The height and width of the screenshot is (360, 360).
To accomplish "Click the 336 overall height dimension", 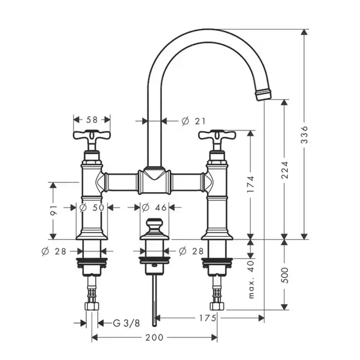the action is coord(304,135).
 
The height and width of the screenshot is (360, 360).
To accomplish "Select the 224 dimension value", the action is coord(285,170).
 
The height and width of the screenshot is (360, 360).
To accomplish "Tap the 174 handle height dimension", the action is coord(251,184).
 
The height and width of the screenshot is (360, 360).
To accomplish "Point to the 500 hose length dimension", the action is coord(285,275).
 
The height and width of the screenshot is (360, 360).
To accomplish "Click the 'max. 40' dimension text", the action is coord(251,279).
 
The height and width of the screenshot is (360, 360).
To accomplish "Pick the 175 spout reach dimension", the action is coord(208,318).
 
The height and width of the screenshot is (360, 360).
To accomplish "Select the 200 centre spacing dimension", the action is coord(154,337).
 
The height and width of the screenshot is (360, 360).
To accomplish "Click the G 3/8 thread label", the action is coord(127,323).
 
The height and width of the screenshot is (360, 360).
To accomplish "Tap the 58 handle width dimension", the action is coord(92,120).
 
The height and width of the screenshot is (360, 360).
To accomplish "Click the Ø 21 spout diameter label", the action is coord(193,121).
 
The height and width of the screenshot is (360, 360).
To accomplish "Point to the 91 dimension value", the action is coord(53,210).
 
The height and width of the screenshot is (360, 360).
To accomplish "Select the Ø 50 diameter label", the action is coord(92,208).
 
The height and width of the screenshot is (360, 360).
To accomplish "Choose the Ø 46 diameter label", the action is coord(154,208).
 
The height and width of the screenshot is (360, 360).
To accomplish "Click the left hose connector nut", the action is coord(92,307).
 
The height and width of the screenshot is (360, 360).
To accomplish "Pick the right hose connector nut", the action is coord(217,307).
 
